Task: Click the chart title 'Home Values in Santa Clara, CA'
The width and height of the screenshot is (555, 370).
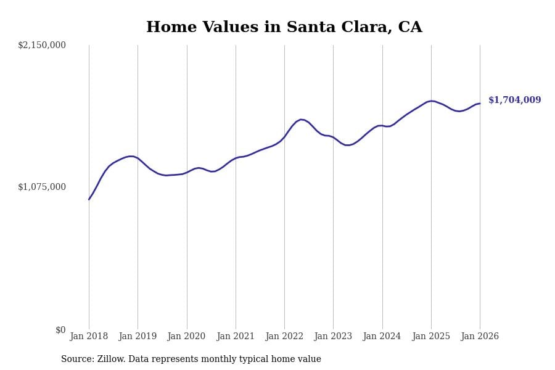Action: click(284, 28)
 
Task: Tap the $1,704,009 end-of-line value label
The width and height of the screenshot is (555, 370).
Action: click(514, 101)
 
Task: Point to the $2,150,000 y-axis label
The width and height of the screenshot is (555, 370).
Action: click(42, 45)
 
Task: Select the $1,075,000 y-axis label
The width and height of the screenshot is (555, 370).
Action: click(42, 187)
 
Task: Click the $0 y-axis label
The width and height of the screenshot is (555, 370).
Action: click(60, 330)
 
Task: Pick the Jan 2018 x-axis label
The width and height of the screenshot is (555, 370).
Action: click(89, 337)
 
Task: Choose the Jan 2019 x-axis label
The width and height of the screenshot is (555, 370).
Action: click(138, 337)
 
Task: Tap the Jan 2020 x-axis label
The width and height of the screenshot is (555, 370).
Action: click(186, 337)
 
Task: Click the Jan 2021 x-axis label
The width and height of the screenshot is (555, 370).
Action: click(236, 337)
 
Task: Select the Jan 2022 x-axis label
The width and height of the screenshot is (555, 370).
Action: click(284, 337)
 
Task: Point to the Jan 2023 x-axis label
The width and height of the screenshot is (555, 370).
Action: click(333, 337)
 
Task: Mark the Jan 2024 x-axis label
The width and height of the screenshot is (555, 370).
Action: click(382, 337)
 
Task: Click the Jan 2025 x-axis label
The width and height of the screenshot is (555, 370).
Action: click(431, 337)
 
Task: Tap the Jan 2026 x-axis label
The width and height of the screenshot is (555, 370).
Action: click(480, 337)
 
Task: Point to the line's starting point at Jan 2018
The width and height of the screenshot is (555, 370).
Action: click(89, 199)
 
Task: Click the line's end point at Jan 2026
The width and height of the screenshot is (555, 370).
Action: click(480, 104)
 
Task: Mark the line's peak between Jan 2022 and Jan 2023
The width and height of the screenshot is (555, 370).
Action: click(301, 120)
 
